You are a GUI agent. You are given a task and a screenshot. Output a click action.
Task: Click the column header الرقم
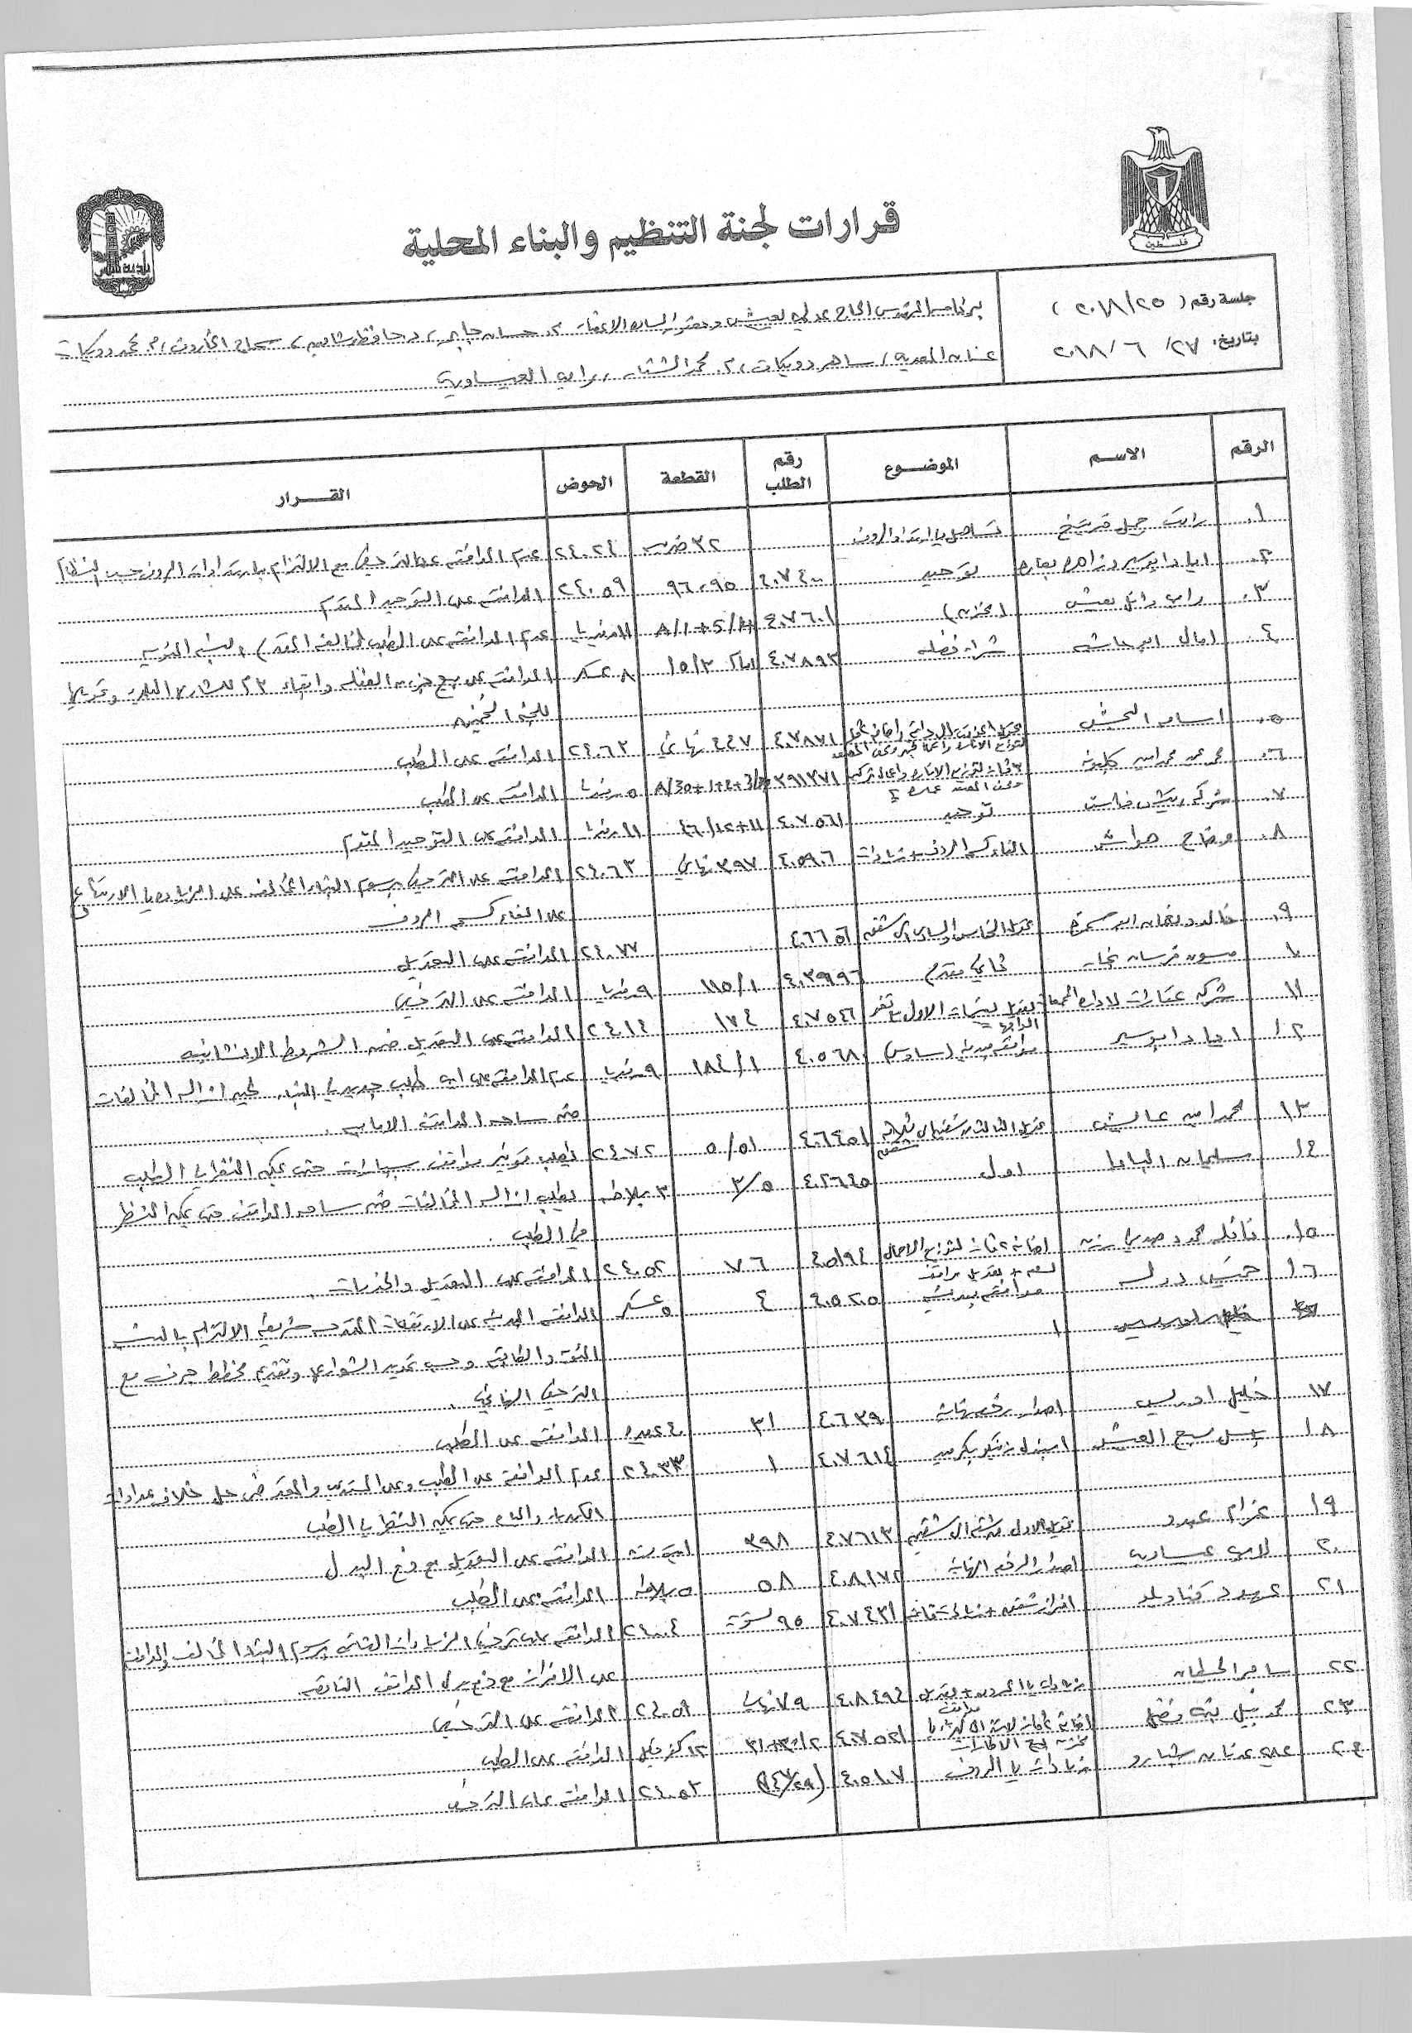click(1252, 447)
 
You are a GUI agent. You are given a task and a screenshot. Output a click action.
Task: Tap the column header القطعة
click(687, 477)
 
